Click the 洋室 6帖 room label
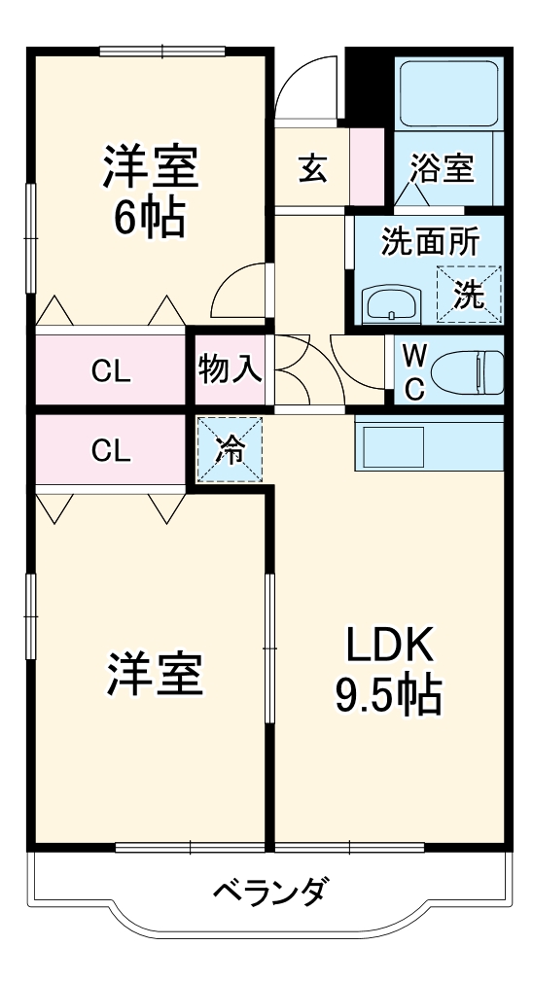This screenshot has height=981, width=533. (x=151, y=193)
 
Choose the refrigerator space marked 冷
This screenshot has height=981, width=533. (x=231, y=450)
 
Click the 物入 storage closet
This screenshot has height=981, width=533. (x=231, y=368)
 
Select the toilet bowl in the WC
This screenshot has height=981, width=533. (x=465, y=370)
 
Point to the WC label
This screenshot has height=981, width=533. (x=413, y=370)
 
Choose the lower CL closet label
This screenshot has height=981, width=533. (x=112, y=449)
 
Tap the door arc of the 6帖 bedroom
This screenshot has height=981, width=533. (x=237, y=292)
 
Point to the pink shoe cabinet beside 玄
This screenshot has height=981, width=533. (x=368, y=167)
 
